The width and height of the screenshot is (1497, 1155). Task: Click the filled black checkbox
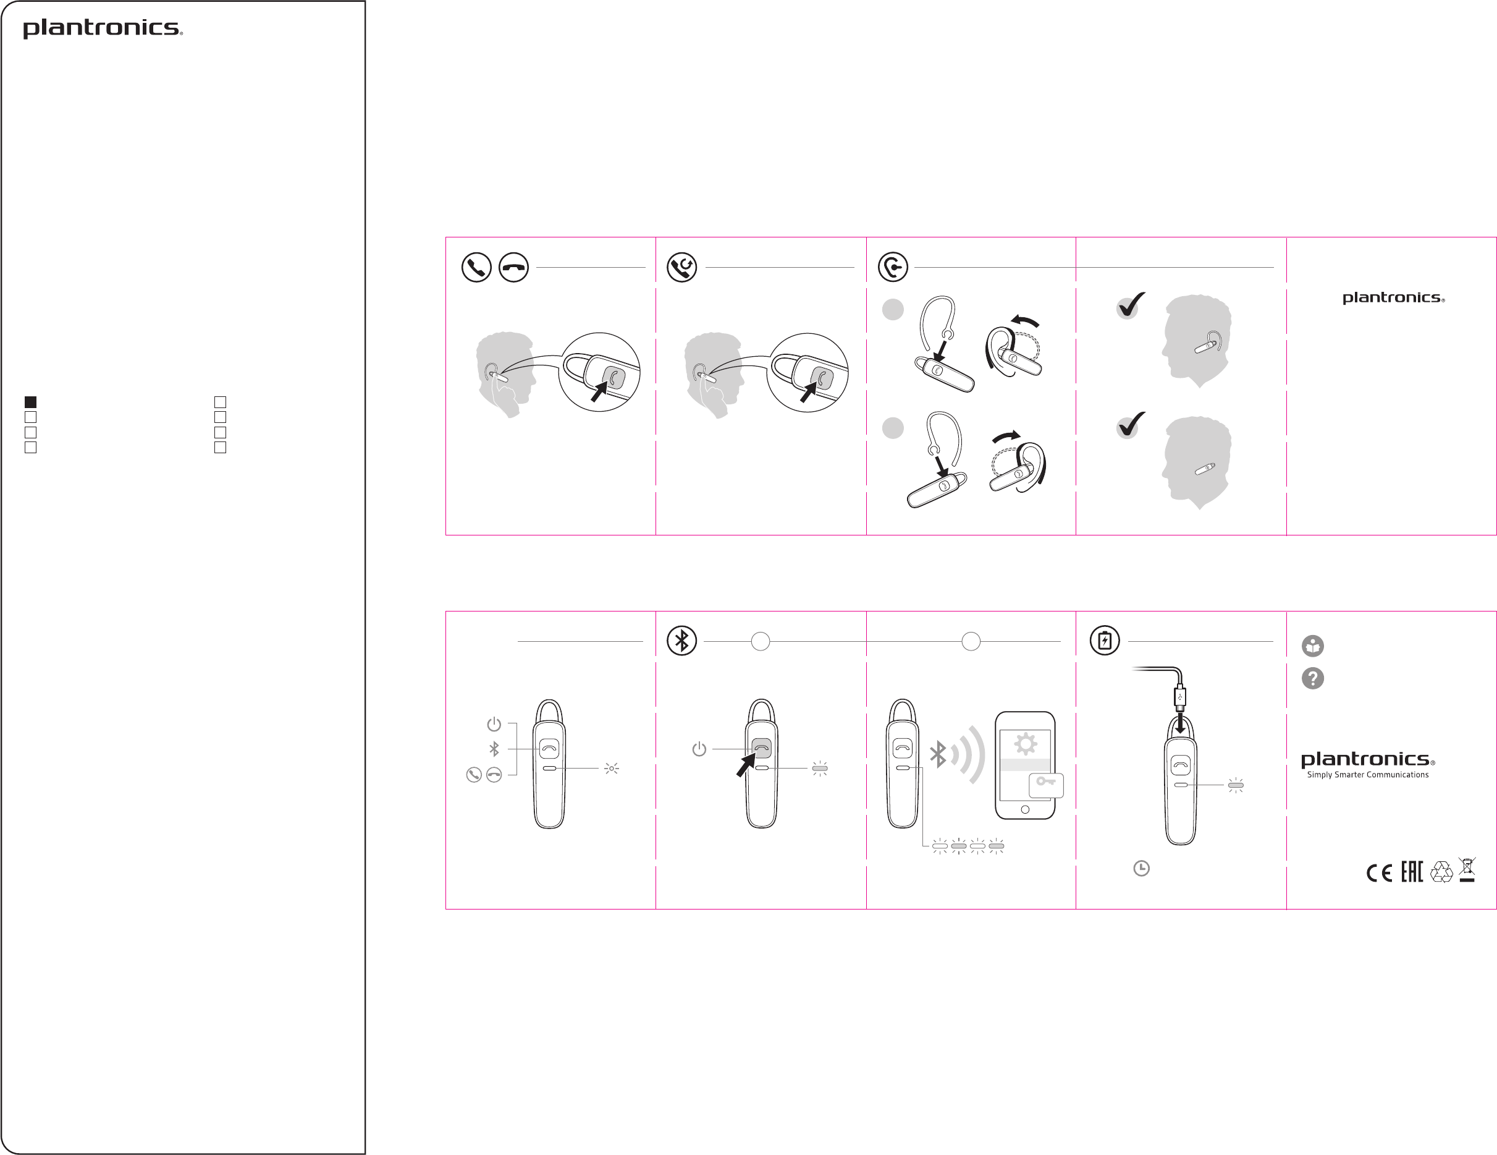(30, 402)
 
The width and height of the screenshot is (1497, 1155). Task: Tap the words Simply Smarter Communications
(1367, 775)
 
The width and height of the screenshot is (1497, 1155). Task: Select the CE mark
(1379, 872)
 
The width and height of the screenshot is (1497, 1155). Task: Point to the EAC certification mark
(1412, 871)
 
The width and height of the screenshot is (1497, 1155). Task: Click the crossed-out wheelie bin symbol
(1467, 870)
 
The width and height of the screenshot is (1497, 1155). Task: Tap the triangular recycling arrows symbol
(1441, 872)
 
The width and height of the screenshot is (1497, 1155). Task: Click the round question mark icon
(1313, 678)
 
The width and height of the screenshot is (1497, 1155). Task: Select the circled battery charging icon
(1105, 641)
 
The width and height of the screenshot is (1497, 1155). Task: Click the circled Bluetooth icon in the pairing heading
(682, 641)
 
